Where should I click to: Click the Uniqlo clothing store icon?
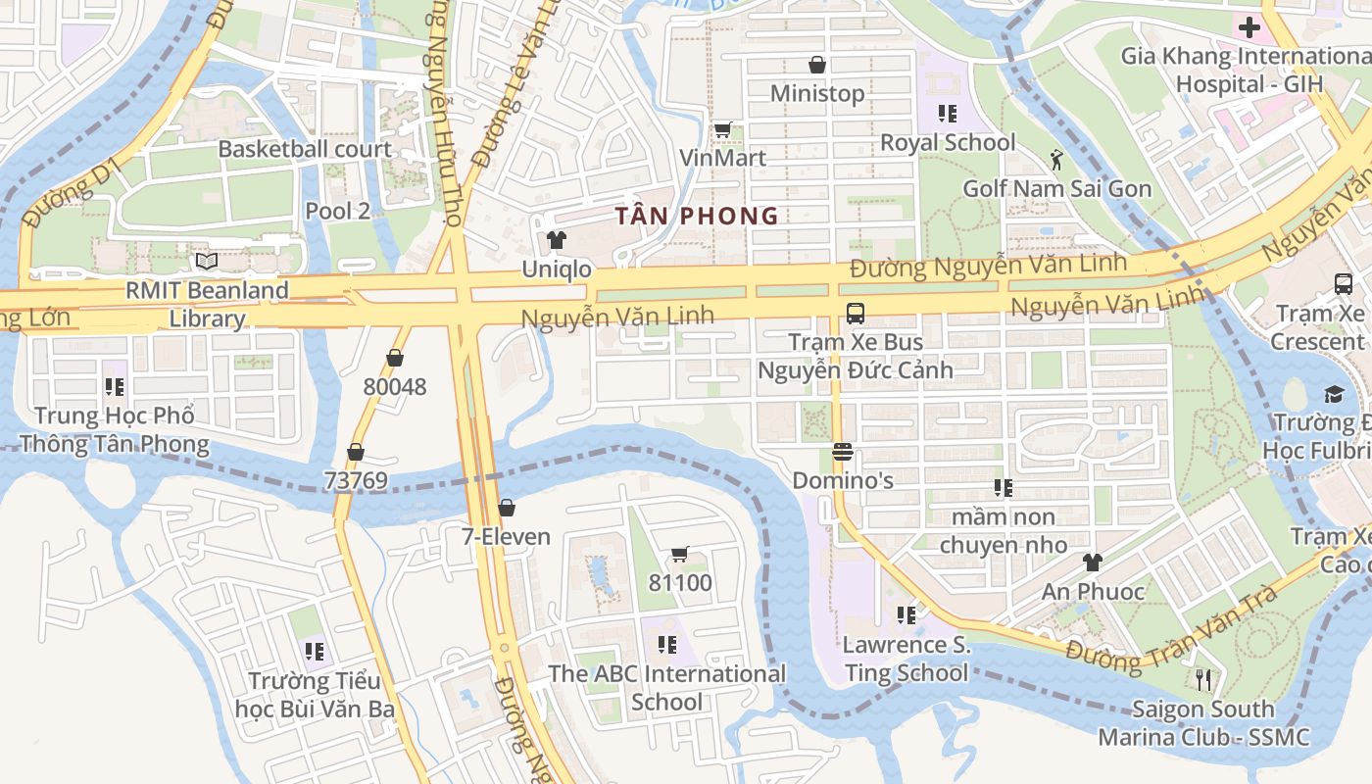click(x=557, y=240)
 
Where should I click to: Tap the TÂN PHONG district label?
click(x=697, y=216)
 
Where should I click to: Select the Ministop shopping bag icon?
click(x=816, y=65)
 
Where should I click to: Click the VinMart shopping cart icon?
click(x=722, y=129)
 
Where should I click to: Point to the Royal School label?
click(x=948, y=142)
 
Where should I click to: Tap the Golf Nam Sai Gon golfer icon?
click(x=1056, y=160)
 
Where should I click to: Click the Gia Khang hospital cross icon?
click(x=1249, y=26)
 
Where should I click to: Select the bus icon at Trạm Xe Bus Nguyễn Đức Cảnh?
click(x=855, y=314)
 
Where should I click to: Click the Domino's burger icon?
click(x=842, y=452)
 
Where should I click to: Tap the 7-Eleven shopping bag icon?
click(x=507, y=508)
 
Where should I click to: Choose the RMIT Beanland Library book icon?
click(x=206, y=261)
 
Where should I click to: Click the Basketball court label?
click(x=305, y=149)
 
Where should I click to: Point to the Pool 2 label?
click(x=337, y=211)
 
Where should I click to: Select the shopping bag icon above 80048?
click(x=395, y=358)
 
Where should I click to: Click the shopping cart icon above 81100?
click(x=680, y=555)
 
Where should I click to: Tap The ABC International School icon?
click(x=667, y=645)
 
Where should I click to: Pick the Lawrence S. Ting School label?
click(x=906, y=659)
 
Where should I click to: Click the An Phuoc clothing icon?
click(x=1092, y=563)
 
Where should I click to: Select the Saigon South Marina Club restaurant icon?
click(x=1203, y=679)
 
